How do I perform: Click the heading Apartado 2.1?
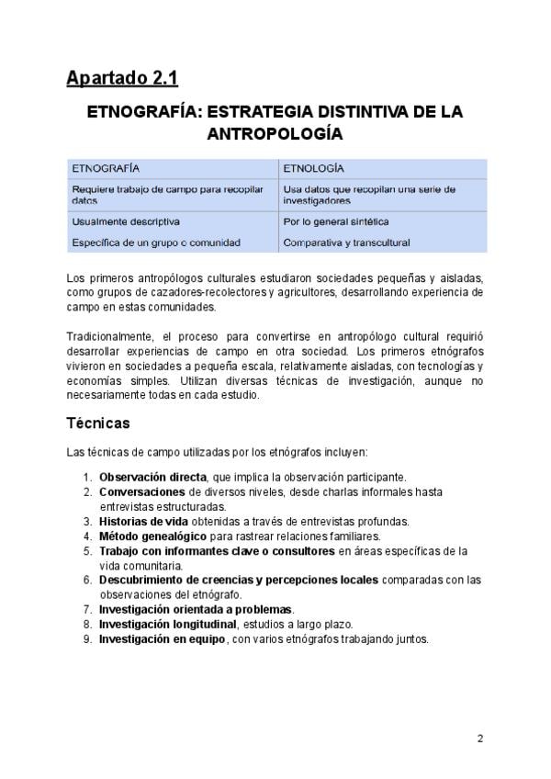click(121, 79)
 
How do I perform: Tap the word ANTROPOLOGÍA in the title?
click(275, 134)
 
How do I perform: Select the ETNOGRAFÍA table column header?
click(106, 169)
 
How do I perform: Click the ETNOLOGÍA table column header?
click(313, 169)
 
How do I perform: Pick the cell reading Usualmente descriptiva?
click(126, 221)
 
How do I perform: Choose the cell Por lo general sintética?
click(335, 221)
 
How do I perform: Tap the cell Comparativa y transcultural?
click(346, 243)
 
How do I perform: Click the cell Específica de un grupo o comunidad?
click(156, 243)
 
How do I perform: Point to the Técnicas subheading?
click(98, 423)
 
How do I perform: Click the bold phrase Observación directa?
click(152, 478)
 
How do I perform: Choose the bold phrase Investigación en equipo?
click(162, 639)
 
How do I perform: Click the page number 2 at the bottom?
click(479, 739)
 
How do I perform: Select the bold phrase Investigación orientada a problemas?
click(196, 610)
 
